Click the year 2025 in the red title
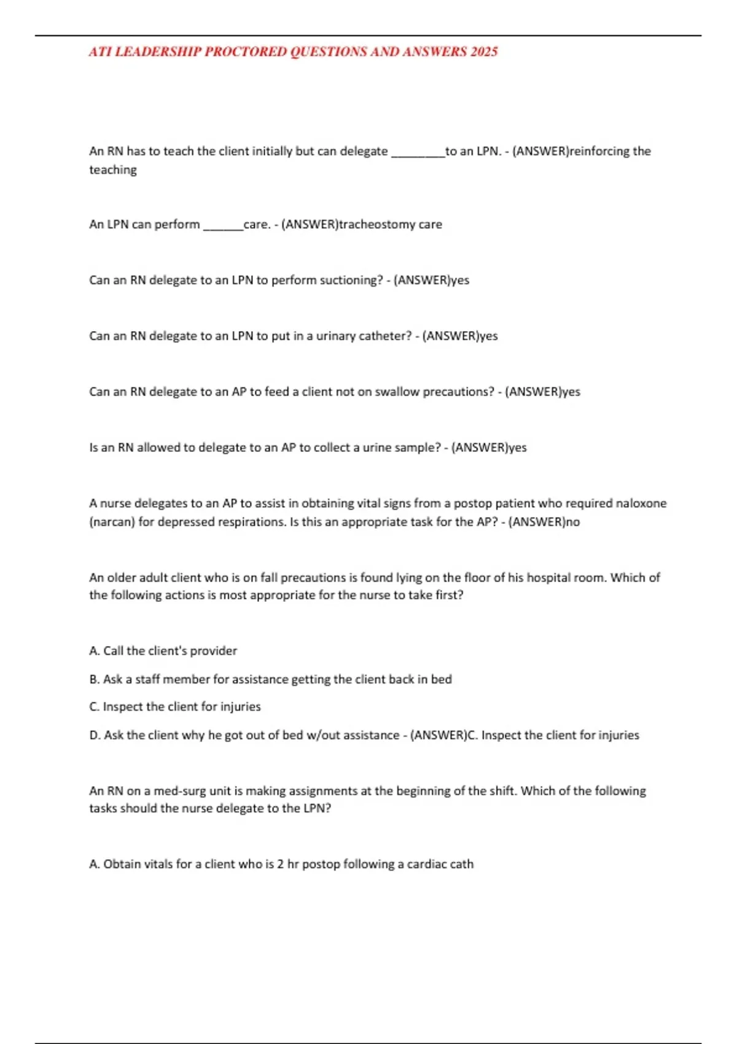[x=484, y=52]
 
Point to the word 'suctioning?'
[x=351, y=280]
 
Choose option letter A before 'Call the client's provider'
[x=94, y=651]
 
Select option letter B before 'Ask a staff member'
[x=94, y=679]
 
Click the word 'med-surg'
[x=180, y=791]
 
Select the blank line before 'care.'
[x=223, y=227]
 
